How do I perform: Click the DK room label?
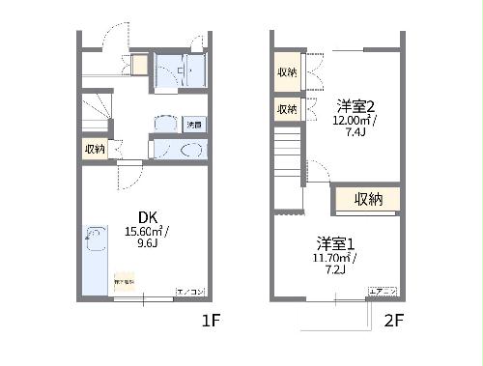point(146,216)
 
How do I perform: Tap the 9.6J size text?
point(147,245)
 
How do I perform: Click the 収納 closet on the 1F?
point(95,148)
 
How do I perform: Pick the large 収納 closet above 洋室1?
point(367,200)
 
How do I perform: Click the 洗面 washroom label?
point(193,126)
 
